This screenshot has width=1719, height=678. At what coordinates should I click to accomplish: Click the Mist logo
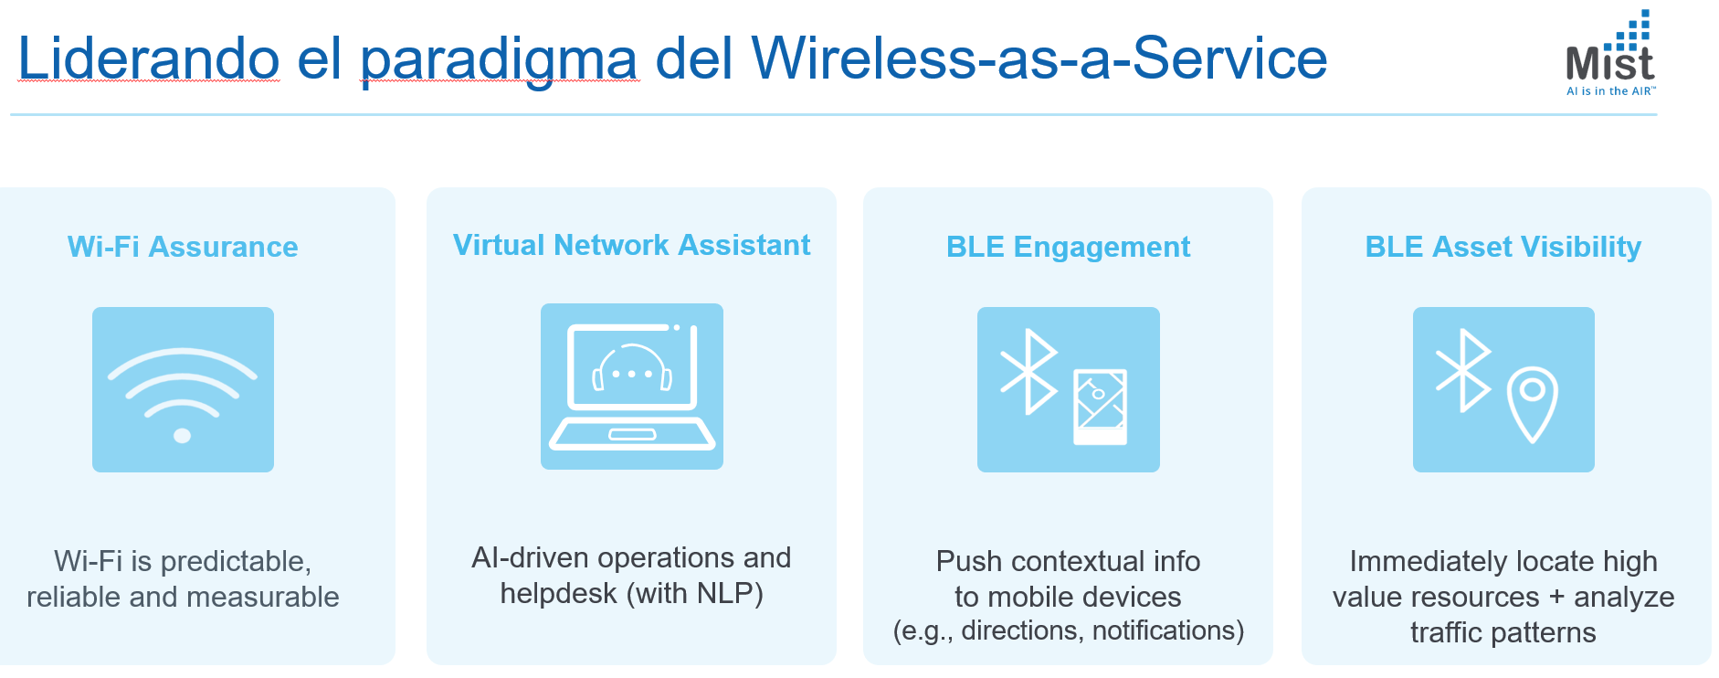[1610, 53]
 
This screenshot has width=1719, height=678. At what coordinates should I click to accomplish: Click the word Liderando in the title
[149, 58]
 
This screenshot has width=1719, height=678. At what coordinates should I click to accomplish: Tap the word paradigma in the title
[499, 58]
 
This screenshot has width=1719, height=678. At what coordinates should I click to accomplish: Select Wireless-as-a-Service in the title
[1039, 58]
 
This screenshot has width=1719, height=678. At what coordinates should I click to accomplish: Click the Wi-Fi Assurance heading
[183, 247]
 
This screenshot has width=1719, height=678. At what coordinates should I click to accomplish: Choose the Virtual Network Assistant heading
[631, 245]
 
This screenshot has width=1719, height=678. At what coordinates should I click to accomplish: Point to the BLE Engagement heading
[1068, 247]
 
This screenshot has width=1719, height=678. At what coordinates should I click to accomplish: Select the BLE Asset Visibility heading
[1503, 247]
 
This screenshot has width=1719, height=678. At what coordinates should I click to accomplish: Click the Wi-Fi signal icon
[183, 389]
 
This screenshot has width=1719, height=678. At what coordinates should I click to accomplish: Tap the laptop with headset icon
[631, 387]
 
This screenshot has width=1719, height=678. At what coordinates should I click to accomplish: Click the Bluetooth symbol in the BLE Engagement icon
[1029, 372]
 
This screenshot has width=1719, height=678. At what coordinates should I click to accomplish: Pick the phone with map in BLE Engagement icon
[1100, 407]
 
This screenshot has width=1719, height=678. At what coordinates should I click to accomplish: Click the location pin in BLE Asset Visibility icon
[1532, 403]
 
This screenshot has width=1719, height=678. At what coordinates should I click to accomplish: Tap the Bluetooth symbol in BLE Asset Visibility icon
[1464, 370]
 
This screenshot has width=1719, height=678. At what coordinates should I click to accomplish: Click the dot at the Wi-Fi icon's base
[183, 436]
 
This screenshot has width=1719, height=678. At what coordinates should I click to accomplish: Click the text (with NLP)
[694, 594]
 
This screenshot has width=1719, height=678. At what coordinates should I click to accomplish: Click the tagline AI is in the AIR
[1610, 91]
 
